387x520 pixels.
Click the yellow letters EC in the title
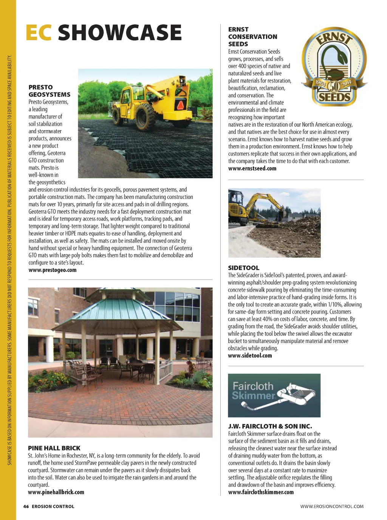(x=38, y=33)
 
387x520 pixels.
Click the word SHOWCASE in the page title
(x=119, y=33)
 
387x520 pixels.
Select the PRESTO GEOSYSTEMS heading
(x=49, y=91)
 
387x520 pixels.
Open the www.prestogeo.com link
(x=53, y=270)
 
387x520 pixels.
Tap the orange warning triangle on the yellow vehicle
(x=181, y=105)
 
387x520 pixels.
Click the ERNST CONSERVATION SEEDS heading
(x=252, y=37)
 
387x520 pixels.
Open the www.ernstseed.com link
(x=252, y=168)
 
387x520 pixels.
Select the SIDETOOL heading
(x=243, y=268)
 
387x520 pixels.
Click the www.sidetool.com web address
(x=250, y=355)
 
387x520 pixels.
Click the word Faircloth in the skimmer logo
(x=253, y=386)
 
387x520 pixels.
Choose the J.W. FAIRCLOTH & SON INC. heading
(x=270, y=426)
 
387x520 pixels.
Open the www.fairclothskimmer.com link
(x=261, y=492)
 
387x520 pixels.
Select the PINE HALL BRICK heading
(x=54, y=448)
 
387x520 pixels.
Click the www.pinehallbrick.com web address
(x=56, y=492)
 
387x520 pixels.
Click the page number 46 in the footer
(x=26, y=506)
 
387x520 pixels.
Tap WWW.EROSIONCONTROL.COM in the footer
(x=332, y=506)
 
